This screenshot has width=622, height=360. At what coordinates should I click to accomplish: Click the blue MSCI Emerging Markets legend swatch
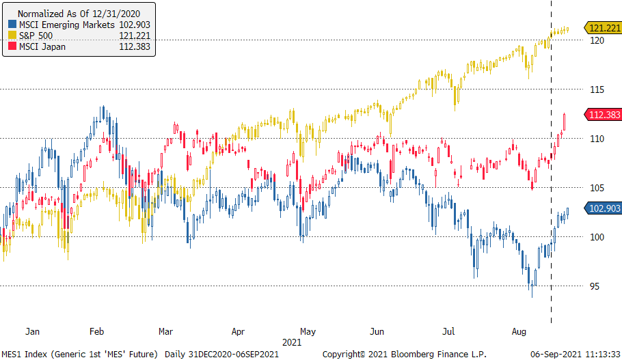12,25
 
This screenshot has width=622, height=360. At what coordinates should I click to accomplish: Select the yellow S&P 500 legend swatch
12,36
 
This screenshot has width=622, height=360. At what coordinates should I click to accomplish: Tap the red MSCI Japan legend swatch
12,46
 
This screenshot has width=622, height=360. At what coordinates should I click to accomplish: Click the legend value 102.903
135,25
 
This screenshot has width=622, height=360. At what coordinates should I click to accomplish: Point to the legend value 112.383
135,46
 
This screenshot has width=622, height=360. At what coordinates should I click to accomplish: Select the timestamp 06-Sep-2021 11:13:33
576,353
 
